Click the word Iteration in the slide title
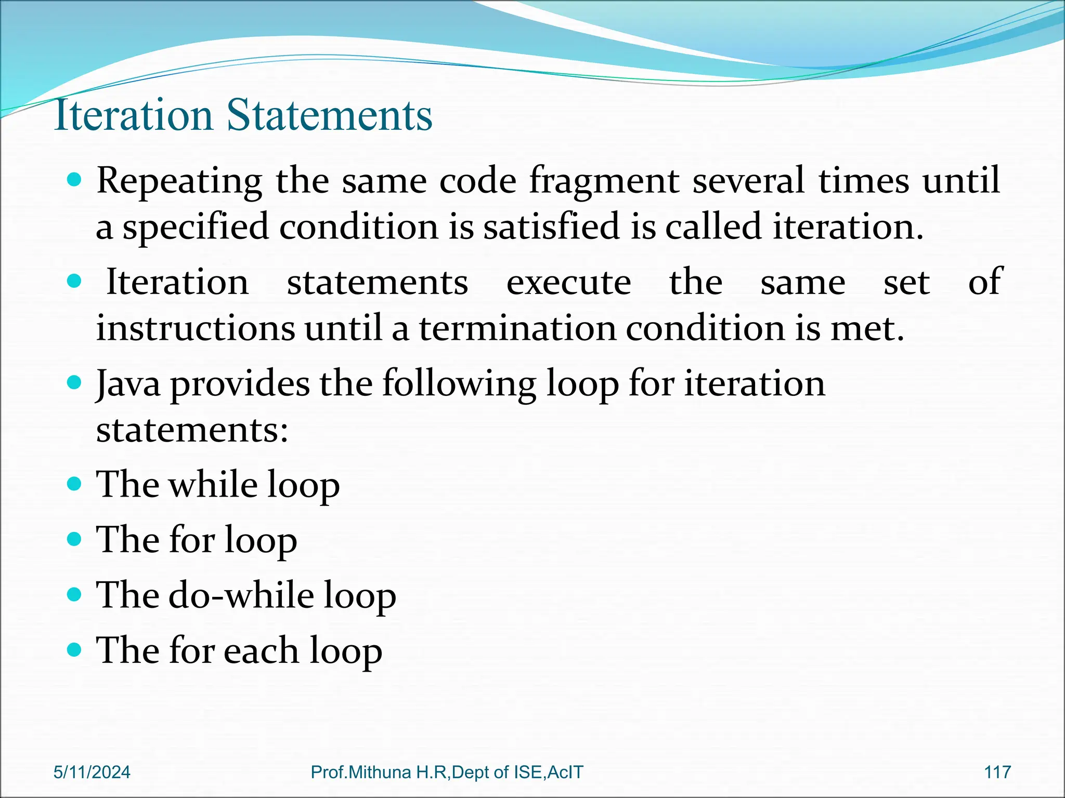point(133,115)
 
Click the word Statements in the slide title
point(329,115)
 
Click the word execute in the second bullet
point(568,283)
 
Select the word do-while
point(241,595)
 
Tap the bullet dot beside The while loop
point(75,484)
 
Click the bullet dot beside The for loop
point(75,539)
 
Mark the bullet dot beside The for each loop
point(75,649)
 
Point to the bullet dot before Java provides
point(75,383)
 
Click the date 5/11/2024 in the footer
point(92,772)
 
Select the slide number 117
point(997,772)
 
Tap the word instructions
point(196,328)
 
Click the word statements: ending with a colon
point(192,430)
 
